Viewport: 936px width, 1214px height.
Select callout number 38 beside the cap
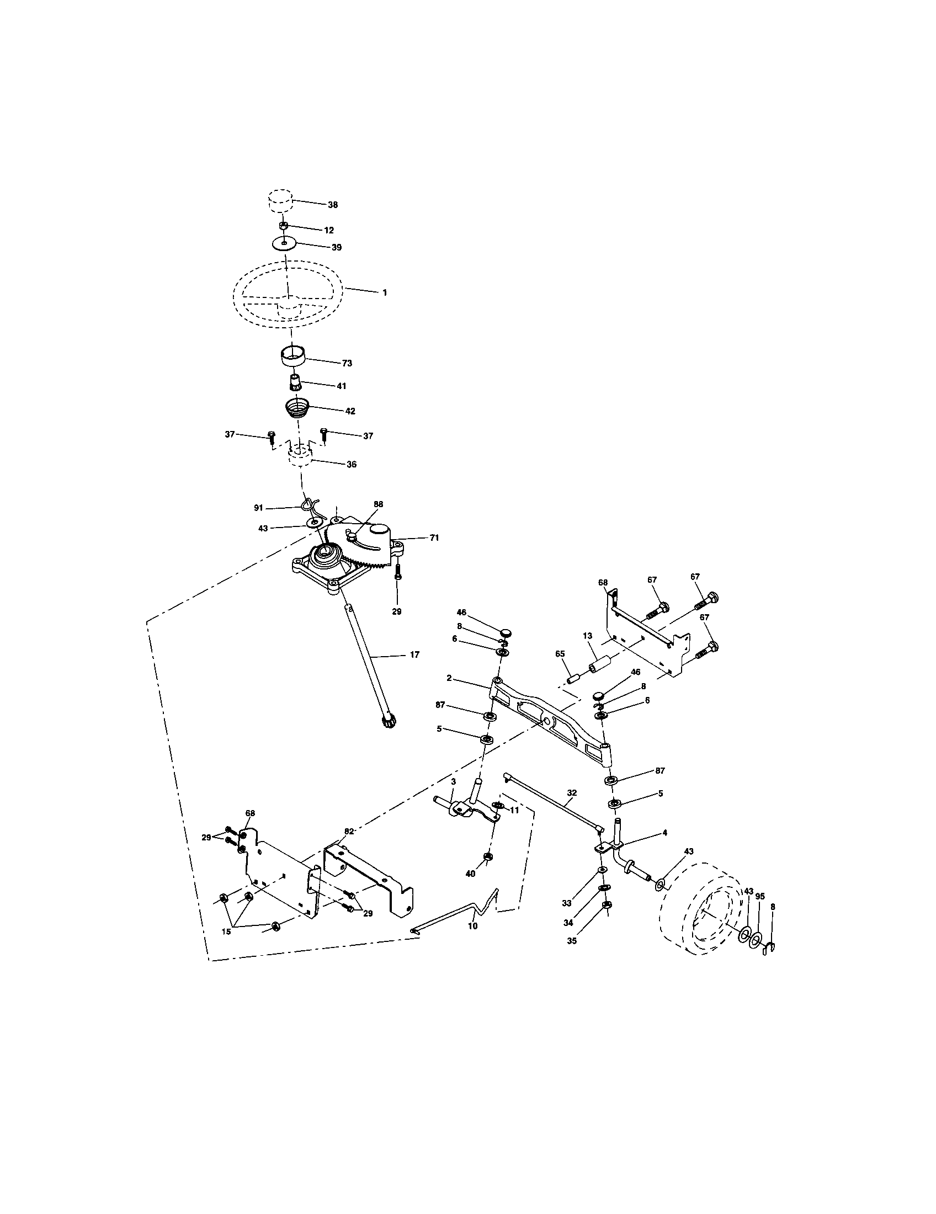(332, 205)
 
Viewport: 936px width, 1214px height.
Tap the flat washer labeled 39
(284, 243)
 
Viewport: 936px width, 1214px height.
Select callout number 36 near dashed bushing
(352, 464)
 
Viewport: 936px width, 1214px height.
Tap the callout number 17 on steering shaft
(414, 655)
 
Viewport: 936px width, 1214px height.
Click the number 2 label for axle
(449, 678)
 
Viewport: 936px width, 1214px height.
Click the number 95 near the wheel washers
(760, 896)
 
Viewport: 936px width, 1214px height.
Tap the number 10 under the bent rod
(473, 926)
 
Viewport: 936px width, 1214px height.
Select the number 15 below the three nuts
(226, 931)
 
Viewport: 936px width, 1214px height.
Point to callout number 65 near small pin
(560, 654)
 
